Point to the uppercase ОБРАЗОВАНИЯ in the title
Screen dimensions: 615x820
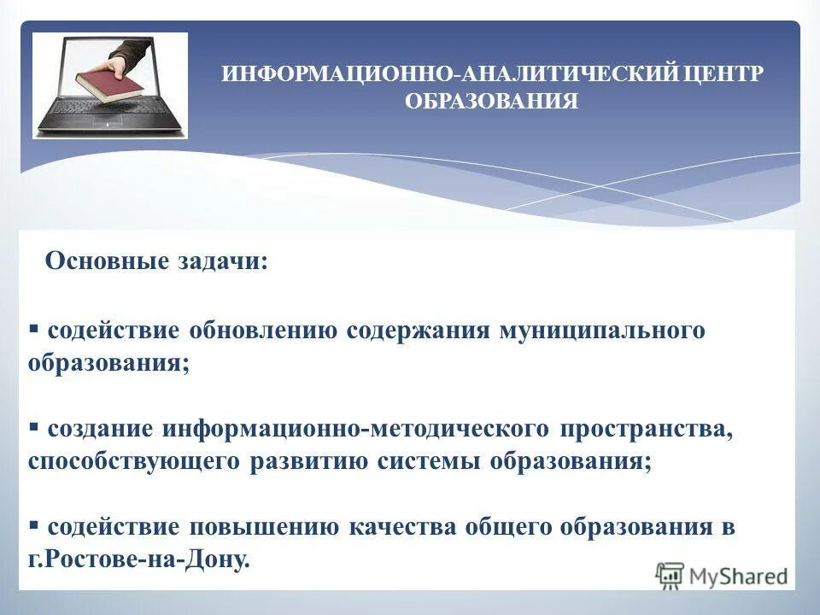(x=491, y=102)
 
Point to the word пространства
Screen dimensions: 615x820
(x=647, y=429)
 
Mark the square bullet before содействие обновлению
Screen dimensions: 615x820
(x=34, y=328)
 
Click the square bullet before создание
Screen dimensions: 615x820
(x=34, y=426)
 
